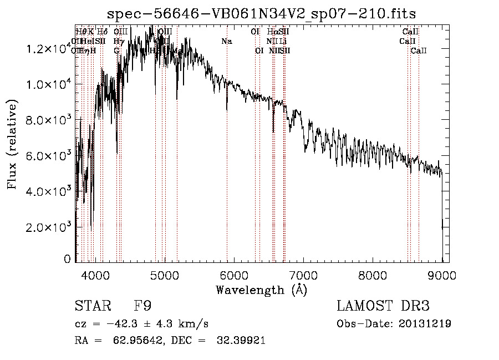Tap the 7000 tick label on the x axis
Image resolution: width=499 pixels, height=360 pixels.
303,275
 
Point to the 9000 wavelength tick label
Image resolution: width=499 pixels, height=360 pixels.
442,275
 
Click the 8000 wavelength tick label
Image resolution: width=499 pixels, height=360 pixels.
373,275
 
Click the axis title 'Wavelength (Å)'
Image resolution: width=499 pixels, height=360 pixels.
261,290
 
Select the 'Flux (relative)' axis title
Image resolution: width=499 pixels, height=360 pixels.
12,145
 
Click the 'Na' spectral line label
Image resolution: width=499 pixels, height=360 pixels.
226,41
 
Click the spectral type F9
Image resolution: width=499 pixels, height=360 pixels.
142,306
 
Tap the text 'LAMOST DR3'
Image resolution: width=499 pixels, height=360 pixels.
383,306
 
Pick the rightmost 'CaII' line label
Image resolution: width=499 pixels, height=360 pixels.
419,50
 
